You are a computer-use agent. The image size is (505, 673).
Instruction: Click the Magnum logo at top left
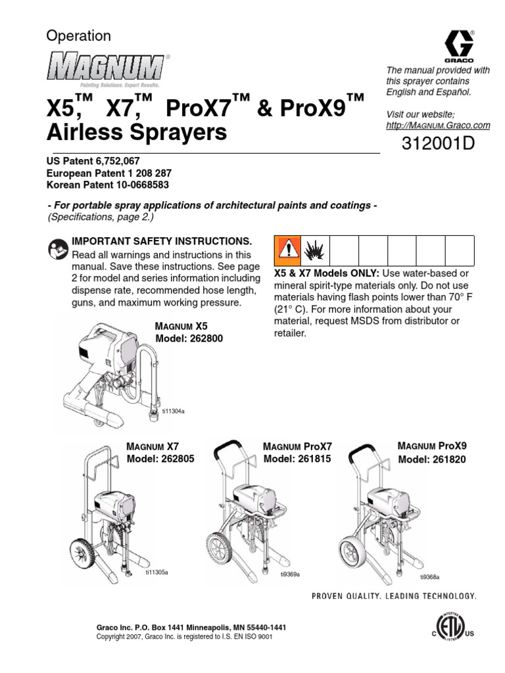pos(105,68)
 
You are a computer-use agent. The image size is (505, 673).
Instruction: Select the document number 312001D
pos(437,145)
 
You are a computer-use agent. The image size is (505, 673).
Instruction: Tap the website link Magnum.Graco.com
pos(439,125)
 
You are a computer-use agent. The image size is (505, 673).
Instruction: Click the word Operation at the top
pos(78,36)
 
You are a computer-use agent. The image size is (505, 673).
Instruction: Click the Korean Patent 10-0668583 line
pos(108,185)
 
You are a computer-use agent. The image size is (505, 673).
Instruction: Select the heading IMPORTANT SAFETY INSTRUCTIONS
pos(161,241)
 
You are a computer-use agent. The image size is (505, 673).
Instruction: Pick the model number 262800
pos(197,338)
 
